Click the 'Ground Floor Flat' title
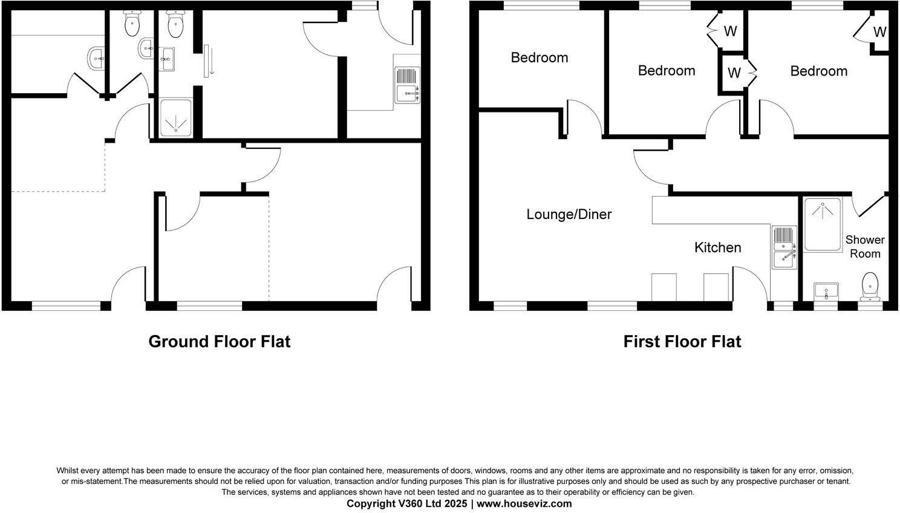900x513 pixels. pyautogui.click(x=219, y=342)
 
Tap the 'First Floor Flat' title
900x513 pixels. pyautogui.click(x=682, y=342)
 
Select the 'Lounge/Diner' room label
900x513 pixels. pyautogui.click(x=569, y=214)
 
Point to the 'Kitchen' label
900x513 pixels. pyautogui.click(x=717, y=247)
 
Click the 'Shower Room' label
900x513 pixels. pyautogui.click(x=865, y=247)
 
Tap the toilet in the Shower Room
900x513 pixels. pyautogui.click(x=870, y=286)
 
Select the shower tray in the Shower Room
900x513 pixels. pyautogui.click(x=822, y=224)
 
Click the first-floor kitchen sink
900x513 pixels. pyautogui.click(x=784, y=248)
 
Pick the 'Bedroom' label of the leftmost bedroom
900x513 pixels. pyautogui.click(x=540, y=57)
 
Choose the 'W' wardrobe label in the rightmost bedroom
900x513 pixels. pyautogui.click(x=880, y=32)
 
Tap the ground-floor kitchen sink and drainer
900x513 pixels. pyautogui.click(x=407, y=85)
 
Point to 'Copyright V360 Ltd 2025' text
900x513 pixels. pyautogui.click(x=406, y=503)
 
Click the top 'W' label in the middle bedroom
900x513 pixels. pyautogui.click(x=730, y=31)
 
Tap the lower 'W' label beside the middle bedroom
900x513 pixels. pyautogui.click(x=734, y=73)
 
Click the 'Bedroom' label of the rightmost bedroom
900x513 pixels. pyautogui.click(x=818, y=71)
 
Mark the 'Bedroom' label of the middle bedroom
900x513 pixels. pyautogui.click(x=667, y=70)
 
